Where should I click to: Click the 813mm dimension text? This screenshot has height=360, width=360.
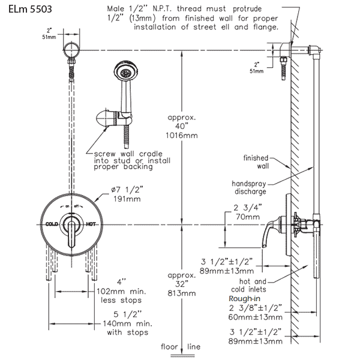point(183,293)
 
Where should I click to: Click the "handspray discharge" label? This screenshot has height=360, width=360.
point(251,187)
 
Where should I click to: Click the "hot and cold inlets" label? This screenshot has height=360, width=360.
point(252,285)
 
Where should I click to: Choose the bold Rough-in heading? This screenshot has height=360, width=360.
point(244,299)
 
